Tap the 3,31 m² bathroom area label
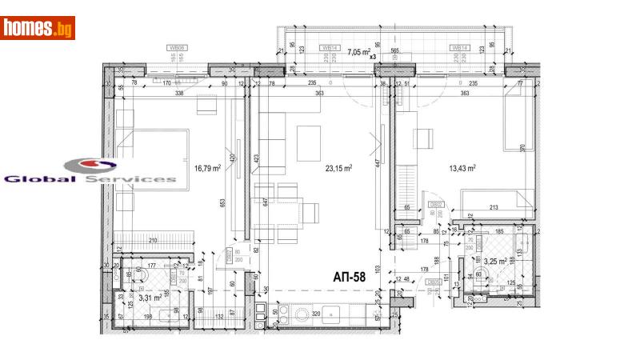point(152,298)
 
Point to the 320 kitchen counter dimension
point(316,314)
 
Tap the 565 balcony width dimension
point(394,50)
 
